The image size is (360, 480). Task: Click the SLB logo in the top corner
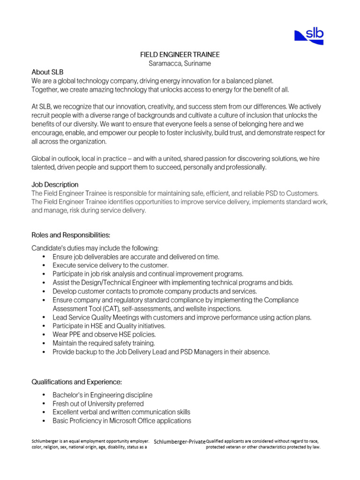(309, 36)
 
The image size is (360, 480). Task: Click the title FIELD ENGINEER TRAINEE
(180, 55)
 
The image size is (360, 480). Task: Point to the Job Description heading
(55, 184)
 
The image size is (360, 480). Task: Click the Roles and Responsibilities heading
(71, 234)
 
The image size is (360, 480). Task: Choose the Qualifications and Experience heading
(77, 382)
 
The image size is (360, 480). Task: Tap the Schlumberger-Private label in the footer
(180, 442)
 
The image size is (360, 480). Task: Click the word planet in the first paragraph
(263, 81)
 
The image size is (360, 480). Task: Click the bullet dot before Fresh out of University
(44, 404)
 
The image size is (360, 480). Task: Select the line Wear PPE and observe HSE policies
(104, 335)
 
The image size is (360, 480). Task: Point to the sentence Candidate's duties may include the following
(95, 248)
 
